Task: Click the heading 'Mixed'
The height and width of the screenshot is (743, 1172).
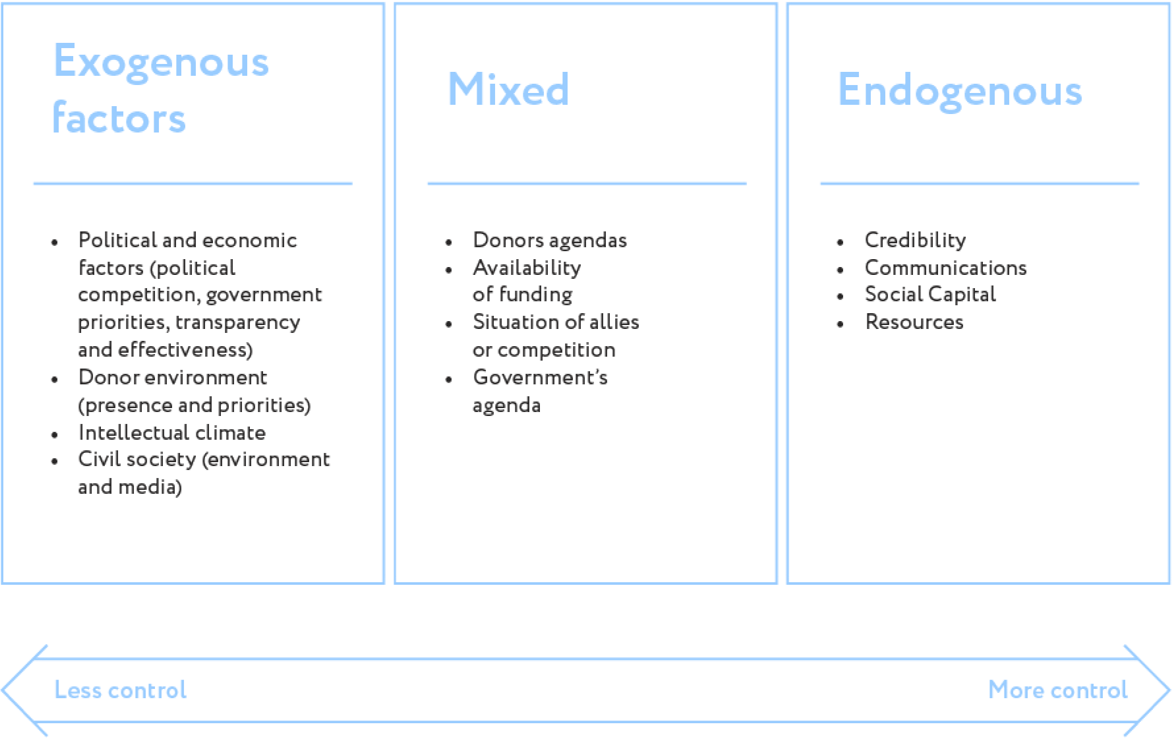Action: click(x=508, y=89)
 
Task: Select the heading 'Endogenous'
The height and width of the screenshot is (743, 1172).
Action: click(x=960, y=91)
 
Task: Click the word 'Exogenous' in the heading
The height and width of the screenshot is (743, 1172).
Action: click(x=161, y=60)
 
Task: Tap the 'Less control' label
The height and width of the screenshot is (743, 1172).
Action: click(x=121, y=690)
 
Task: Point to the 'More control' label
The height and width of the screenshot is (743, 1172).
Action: click(x=1057, y=690)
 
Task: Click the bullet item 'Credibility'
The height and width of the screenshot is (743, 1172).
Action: click(x=916, y=240)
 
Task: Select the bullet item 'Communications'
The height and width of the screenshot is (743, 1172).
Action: click(x=949, y=268)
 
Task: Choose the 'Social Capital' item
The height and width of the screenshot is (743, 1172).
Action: click(x=931, y=295)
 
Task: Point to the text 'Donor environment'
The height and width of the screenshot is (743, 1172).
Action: click(x=175, y=378)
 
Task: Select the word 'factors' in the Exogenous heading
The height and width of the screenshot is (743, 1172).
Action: click(x=121, y=119)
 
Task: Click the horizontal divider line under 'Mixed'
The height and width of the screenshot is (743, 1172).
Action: click(x=586, y=183)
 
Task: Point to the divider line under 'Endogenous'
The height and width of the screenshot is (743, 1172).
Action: click(x=976, y=183)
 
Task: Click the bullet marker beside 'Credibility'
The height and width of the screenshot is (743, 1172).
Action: click(x=839, y=242)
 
